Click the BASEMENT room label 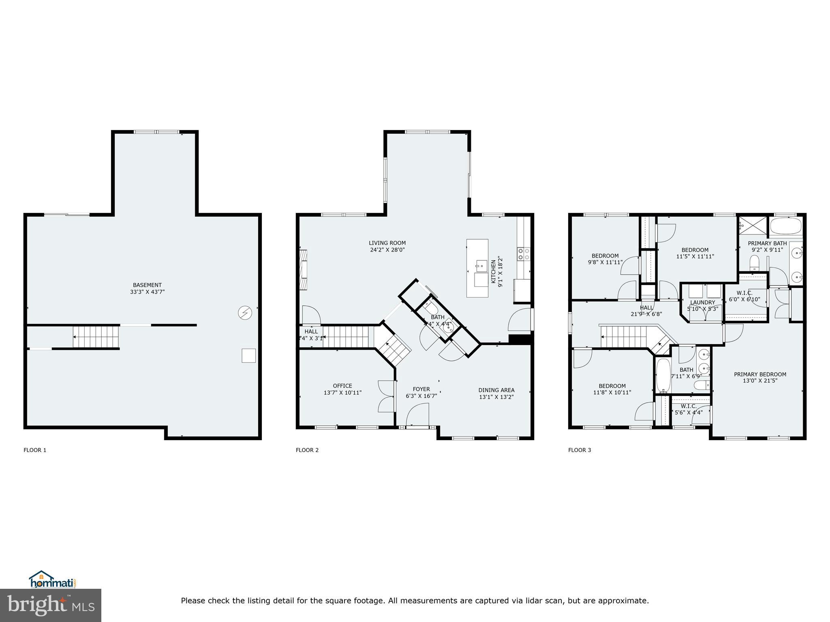[147, 285]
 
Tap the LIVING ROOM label [387, 243]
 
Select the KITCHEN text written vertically [493, 272]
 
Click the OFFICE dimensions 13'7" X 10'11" [342, 392]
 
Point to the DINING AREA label [496, 390]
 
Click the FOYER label [421, 389]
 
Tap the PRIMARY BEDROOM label [760, 374]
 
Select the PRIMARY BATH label [767, 243]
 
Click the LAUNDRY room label [702, 302]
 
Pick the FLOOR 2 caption [307, 450]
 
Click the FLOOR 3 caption [580, 450]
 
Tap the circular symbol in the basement [245, 313]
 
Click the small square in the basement [248, 355]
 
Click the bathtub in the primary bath [785, 226]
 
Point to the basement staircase [96, 337]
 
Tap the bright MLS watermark [51, 605]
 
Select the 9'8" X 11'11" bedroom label [605, 259]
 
